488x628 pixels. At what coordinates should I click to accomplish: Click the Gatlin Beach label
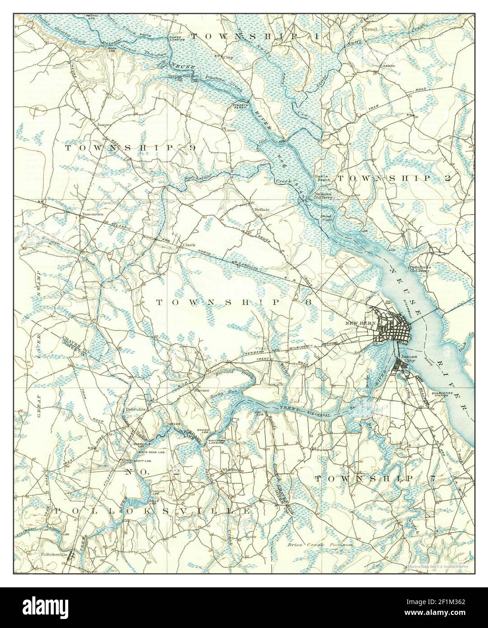click(324, 178)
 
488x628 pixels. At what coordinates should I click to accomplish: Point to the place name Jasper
click(103, 123)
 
